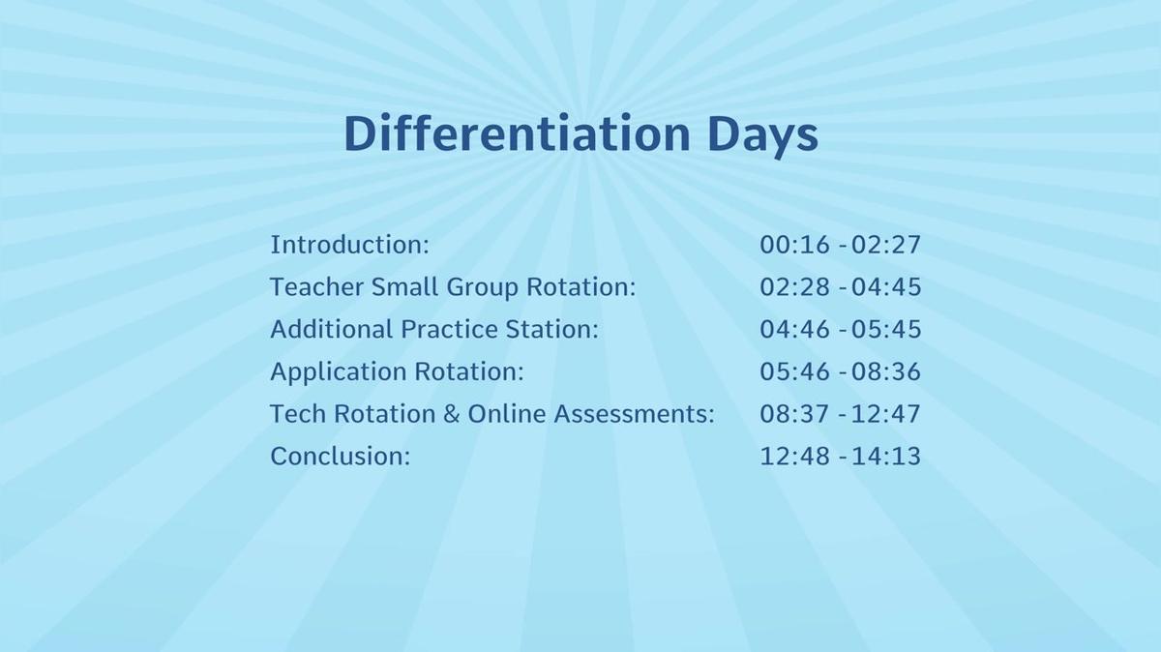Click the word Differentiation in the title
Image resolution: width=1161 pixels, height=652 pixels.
tap(517, 133)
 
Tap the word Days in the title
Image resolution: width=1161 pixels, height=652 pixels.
tap(762, 135)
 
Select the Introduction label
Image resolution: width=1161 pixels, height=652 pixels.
tap(350, 244)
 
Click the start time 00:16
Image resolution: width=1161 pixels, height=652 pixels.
tap(794, 245)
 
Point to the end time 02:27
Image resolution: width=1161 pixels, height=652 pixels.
tap(886, 245)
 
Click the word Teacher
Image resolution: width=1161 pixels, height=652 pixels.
tap(316, 286)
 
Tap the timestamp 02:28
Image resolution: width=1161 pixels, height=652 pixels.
tap(794, 287)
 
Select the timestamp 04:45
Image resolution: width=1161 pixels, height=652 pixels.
tap(886, 287)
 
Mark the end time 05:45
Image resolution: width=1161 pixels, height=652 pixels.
tap(886, 330)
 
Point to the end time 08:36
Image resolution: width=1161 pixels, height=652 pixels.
tap(886, 371)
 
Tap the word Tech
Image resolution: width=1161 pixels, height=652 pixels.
tap(298, 414)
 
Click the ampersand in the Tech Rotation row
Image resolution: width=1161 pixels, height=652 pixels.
tap(452, 414)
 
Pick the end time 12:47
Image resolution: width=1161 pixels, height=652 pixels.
tap(886, 414)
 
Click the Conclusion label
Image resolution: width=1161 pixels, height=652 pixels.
tap(341, 456)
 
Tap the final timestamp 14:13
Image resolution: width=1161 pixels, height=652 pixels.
tap(886, 456)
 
